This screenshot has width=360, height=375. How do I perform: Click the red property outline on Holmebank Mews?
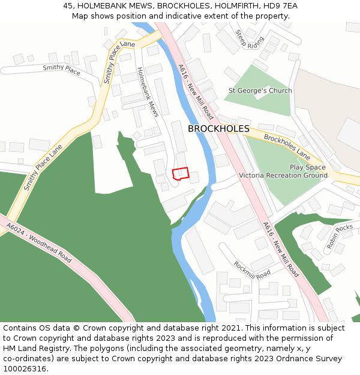coord(181,173)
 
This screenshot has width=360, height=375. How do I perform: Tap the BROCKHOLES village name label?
coord(218,129)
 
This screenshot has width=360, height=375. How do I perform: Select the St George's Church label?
coord(260,91)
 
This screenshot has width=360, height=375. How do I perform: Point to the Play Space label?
coord(308,167)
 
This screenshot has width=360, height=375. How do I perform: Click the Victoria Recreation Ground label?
coord(283,175)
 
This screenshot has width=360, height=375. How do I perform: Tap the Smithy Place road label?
coord(61,70)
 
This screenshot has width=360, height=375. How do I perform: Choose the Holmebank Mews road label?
coord(148,91)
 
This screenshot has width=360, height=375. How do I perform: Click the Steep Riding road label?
coord(250,39)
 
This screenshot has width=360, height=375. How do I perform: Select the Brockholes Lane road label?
coord(287,147)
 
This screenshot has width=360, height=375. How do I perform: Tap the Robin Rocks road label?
coord(340,236)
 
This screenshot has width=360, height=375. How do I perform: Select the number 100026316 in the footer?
coord(26,369)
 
